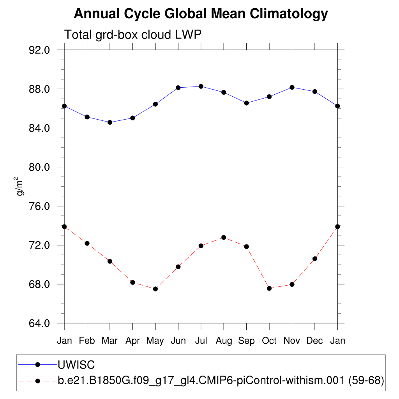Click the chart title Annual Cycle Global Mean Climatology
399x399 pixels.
point(201,14)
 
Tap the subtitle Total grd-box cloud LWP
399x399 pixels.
point(132,35)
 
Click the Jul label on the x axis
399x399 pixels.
point(201,341)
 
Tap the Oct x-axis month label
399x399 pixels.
point(269,341)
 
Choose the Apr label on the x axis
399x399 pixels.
point(132,341)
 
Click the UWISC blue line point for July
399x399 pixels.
point(201,86)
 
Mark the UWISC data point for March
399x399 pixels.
point(110,122)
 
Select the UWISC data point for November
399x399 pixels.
point(292,87)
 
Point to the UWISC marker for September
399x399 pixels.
point(247,103)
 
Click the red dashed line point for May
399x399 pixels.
point(155,289)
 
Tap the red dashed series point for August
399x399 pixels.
point(224,237)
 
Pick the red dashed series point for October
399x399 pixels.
point(269,288)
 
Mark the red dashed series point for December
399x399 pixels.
point(315,259)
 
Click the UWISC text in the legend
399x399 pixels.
point(76,365)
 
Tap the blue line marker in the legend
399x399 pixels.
point(38,365)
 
